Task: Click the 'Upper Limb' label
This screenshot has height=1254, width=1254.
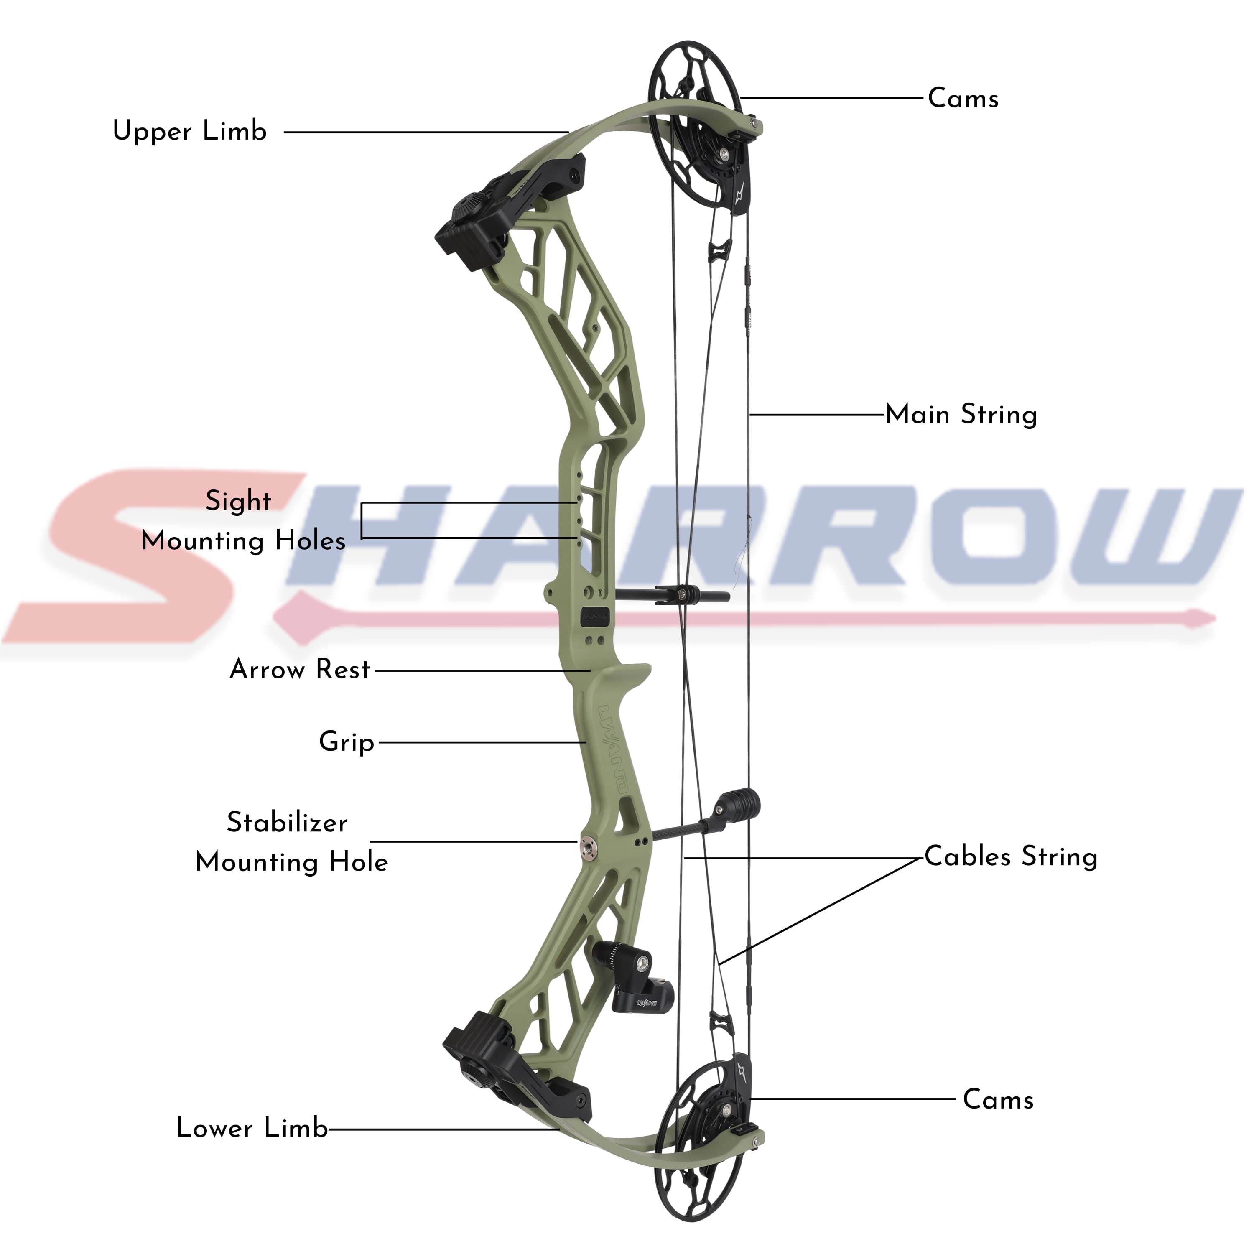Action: (x=189, y=131)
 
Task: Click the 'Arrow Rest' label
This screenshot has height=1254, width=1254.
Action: (x=300, y=669)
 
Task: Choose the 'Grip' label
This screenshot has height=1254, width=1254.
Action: (x=347, y=742)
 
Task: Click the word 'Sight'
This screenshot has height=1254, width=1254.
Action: (x=238, y=501)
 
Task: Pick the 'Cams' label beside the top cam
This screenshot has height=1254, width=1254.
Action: (x=963, y=99)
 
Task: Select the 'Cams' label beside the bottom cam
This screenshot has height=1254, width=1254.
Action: (x=998, y=1099)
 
